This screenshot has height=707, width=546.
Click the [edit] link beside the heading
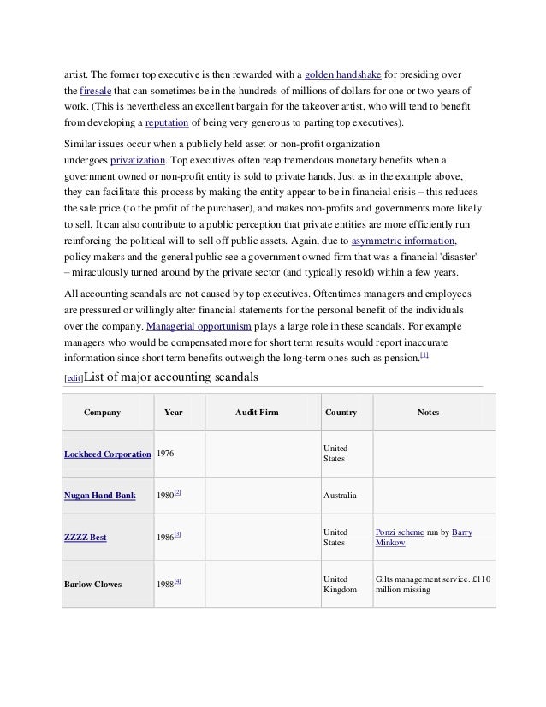(x=75, y=377)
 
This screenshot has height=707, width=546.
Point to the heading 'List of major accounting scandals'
(x=180, y=374)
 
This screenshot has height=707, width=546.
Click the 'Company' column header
(x=102, y=413)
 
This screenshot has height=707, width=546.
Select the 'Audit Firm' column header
(x=257, y=413)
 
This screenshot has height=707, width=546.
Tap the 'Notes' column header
(x=428, y=413)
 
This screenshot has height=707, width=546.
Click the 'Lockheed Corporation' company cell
(x=107, y=454)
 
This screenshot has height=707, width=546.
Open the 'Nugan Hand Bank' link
(x=99, y=495)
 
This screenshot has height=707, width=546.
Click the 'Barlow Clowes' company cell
(x=92, y=585)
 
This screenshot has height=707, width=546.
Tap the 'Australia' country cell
(x=341, y=495)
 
